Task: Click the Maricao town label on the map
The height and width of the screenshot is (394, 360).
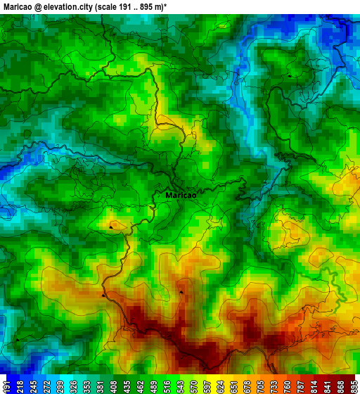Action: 181,196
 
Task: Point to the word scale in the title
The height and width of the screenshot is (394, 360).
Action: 117,6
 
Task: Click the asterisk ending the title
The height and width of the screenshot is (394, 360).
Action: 165,5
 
